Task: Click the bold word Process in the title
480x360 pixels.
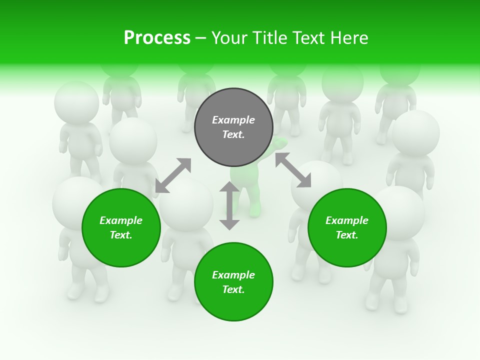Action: (157, 38)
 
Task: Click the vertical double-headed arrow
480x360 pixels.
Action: (229, 205)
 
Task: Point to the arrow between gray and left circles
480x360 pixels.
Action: (173, 175)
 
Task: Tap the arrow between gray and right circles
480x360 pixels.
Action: (293, 170)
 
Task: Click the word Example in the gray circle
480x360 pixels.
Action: (233, 120)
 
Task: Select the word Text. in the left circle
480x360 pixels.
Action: (121, 235)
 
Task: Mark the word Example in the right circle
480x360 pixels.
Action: (347, 220)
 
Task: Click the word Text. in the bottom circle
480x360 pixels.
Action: (233, 289)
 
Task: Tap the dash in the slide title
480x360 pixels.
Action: (201, 38)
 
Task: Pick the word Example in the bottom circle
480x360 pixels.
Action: (233, 275)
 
